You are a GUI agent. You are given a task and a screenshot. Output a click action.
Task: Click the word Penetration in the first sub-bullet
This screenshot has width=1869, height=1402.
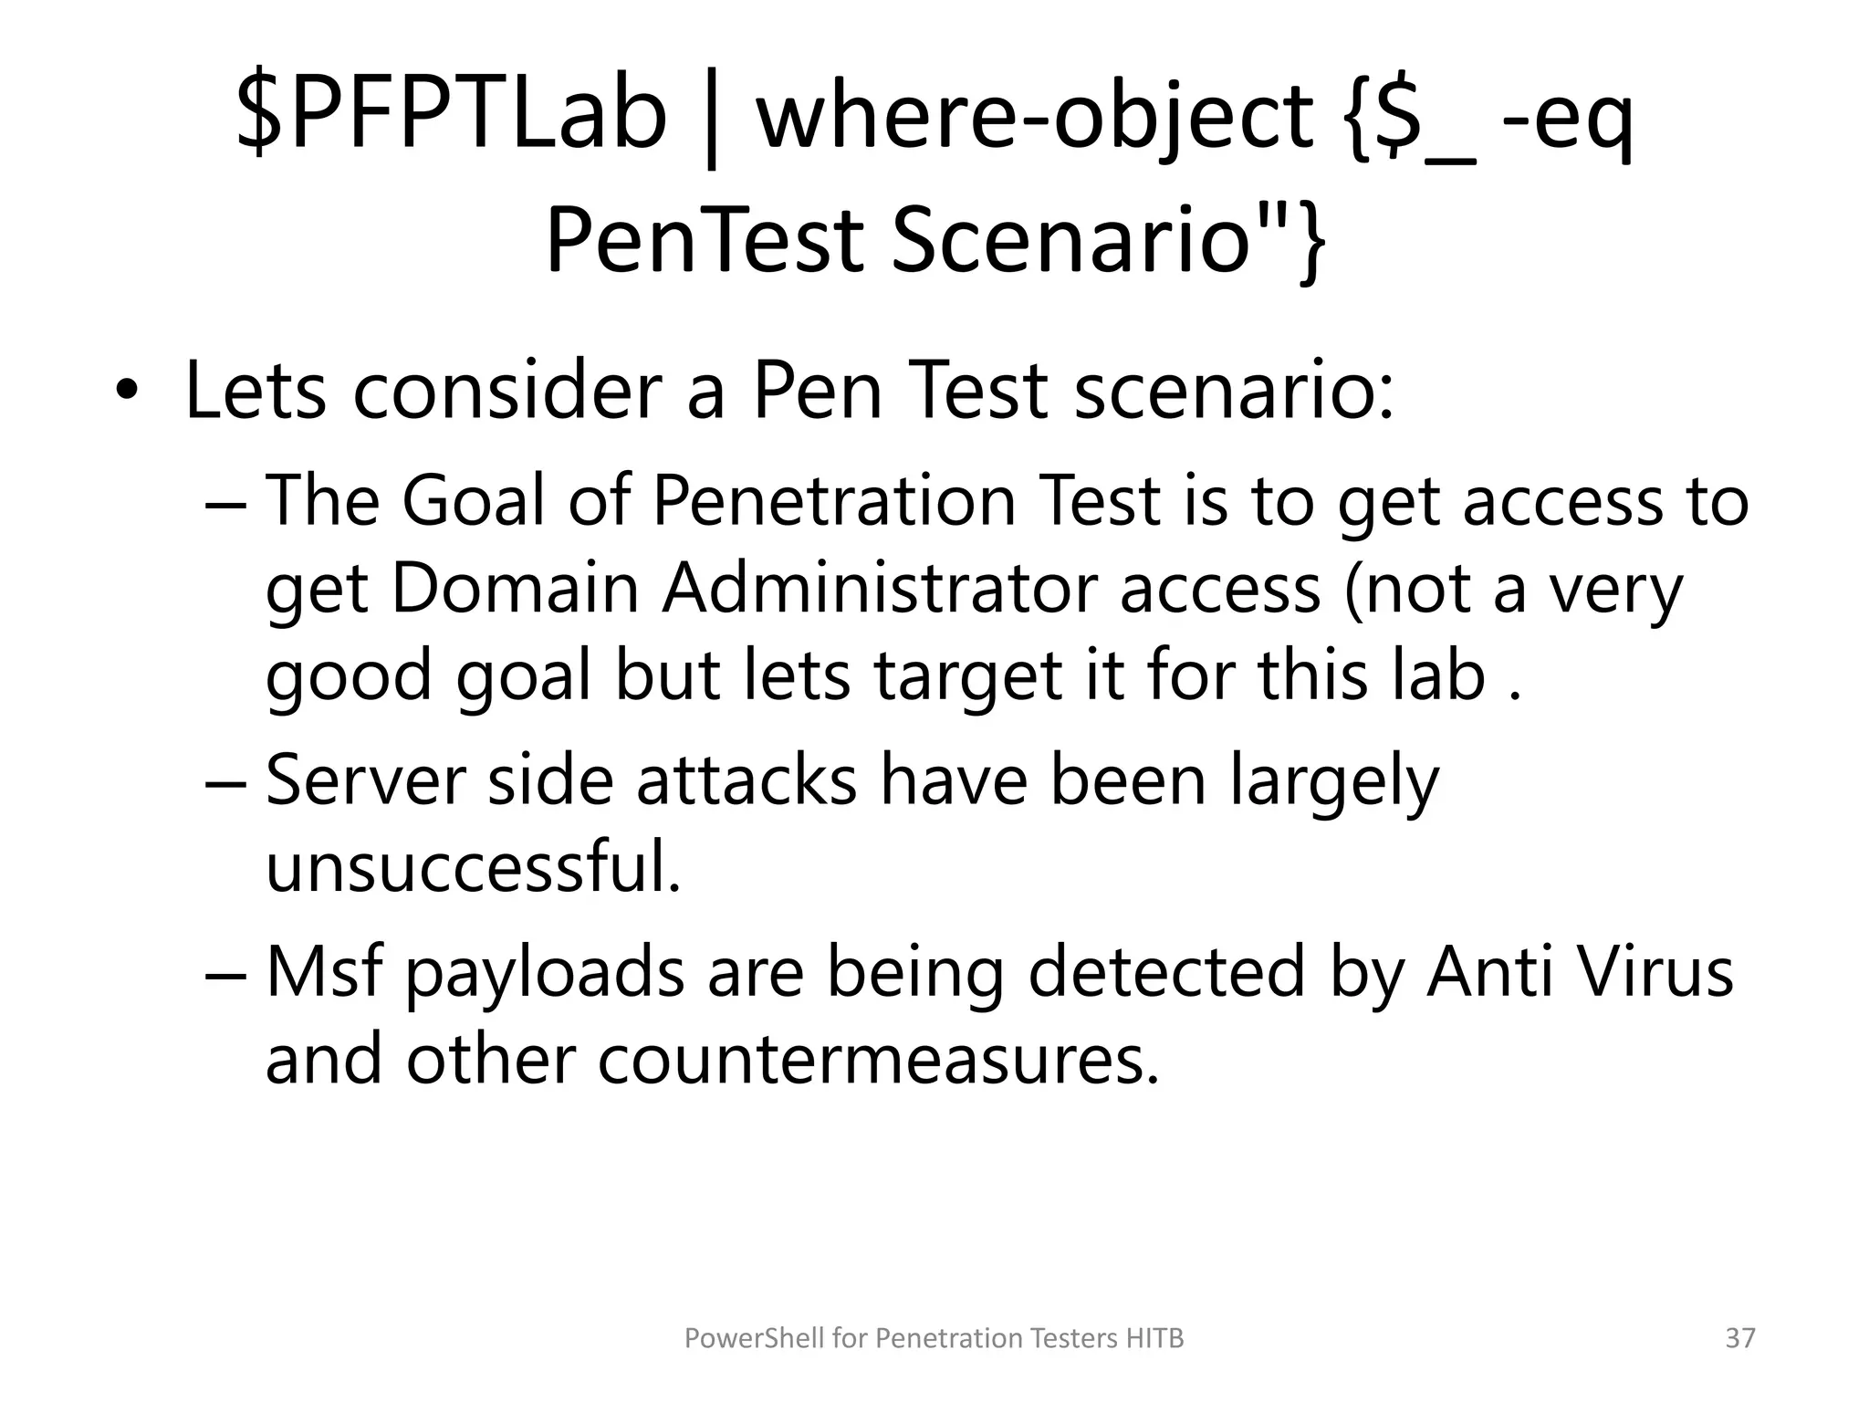pyautogui.click(x=834, y=501)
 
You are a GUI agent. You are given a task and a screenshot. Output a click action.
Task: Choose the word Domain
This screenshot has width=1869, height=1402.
pyautogui.click(x=516, y=589)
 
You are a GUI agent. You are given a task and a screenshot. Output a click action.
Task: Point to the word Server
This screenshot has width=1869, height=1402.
pyautogui.click(x=365, y=780)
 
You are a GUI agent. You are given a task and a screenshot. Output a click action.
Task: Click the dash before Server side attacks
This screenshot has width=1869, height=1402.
pyautogui.click(x=225, y=782)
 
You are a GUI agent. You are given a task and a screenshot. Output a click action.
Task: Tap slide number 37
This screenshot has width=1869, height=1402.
pyautogui.click(x=1740, y=1338)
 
